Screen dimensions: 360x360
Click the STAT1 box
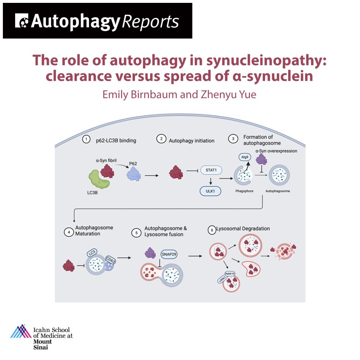click(211, 170)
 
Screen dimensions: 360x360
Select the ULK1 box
click(210, 191)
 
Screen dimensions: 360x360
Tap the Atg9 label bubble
click(245, 157)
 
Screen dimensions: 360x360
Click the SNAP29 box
click(169, 254)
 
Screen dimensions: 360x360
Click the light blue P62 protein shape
click(134, 174)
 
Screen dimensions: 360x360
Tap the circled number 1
click(86, 139)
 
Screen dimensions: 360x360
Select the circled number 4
click(69, 232)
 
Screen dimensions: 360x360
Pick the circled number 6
click(212, 230)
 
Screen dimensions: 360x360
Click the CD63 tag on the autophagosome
click(111, 260)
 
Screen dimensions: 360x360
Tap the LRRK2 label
click(222, 279)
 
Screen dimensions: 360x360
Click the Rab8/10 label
click(230, 274)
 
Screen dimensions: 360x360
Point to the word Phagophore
click(244, 191)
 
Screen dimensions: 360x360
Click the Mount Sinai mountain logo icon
click(21, 331)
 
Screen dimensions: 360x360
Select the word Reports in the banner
click(150, 22)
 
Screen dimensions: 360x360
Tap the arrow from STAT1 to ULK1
click(211, 181)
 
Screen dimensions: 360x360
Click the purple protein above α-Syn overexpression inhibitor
click(261, 159)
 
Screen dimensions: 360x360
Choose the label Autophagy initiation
click(192, 141)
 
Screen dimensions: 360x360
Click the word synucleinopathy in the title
click(266, 60)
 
